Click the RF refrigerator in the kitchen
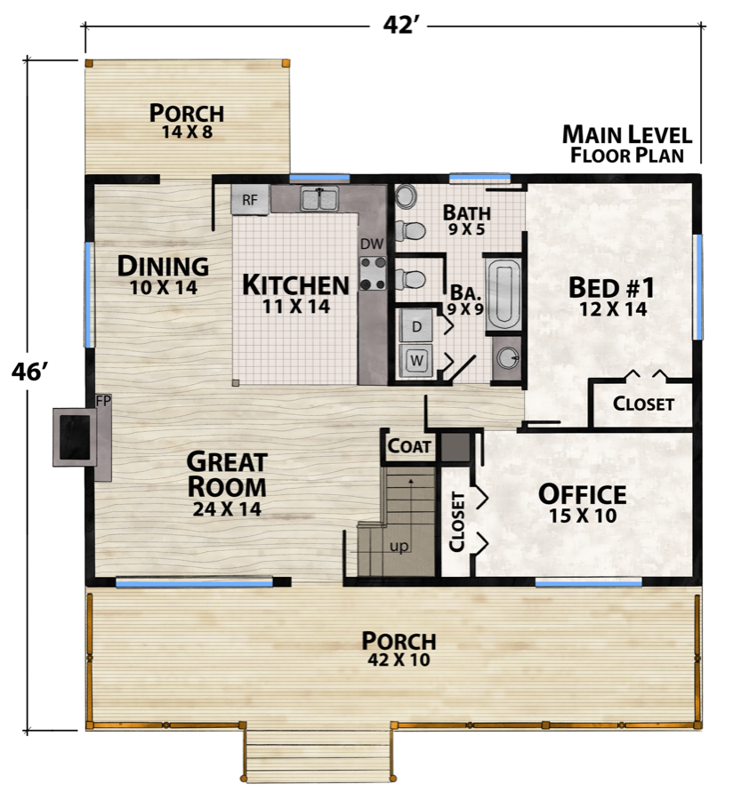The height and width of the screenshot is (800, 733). click(x=250, y=200)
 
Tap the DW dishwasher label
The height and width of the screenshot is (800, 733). click(x=371, y=243)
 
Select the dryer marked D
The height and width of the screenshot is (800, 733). click(x=416, y=327)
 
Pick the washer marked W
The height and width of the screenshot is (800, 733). click(x=416, y=360)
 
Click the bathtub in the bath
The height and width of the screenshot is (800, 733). click(x=504, y=293)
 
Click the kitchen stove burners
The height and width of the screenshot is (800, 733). click(x=372, y=273)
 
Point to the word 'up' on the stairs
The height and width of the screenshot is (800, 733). click(x=399, y=546)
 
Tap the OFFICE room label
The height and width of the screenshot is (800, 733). click(x=583, y=494)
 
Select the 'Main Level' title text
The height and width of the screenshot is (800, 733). click(x=626, y=135)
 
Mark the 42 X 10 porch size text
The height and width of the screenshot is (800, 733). click(x=399, y=660)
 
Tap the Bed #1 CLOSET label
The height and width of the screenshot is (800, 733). click(x=643, y=404)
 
